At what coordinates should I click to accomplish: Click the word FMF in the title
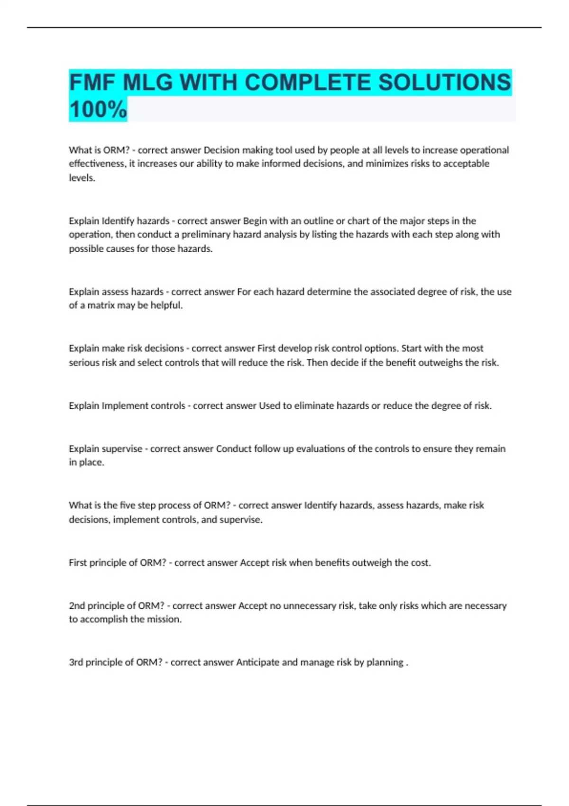point(92,83)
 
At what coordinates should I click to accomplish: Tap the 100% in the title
point(98,110)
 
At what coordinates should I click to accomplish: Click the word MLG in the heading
point(147,83)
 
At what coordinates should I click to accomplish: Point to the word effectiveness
point(97,164)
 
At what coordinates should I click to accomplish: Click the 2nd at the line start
point(77,605)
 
